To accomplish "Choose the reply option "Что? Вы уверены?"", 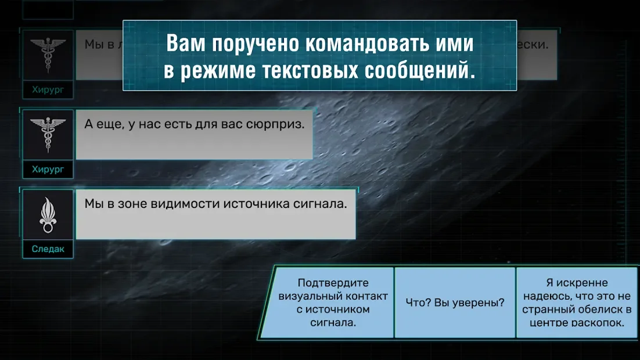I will [x=454, y=303].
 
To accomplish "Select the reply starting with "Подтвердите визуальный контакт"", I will [x=333, y=303].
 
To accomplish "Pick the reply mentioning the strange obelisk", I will [x=577, y=303].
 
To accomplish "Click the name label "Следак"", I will [x=48, y=249].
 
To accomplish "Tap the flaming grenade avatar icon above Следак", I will [x=48, y=214].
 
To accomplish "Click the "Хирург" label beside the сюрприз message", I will [x=48, y=170].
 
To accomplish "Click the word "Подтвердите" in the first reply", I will [x=333, y=283].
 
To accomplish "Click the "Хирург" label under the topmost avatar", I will [x=48, y=90].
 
